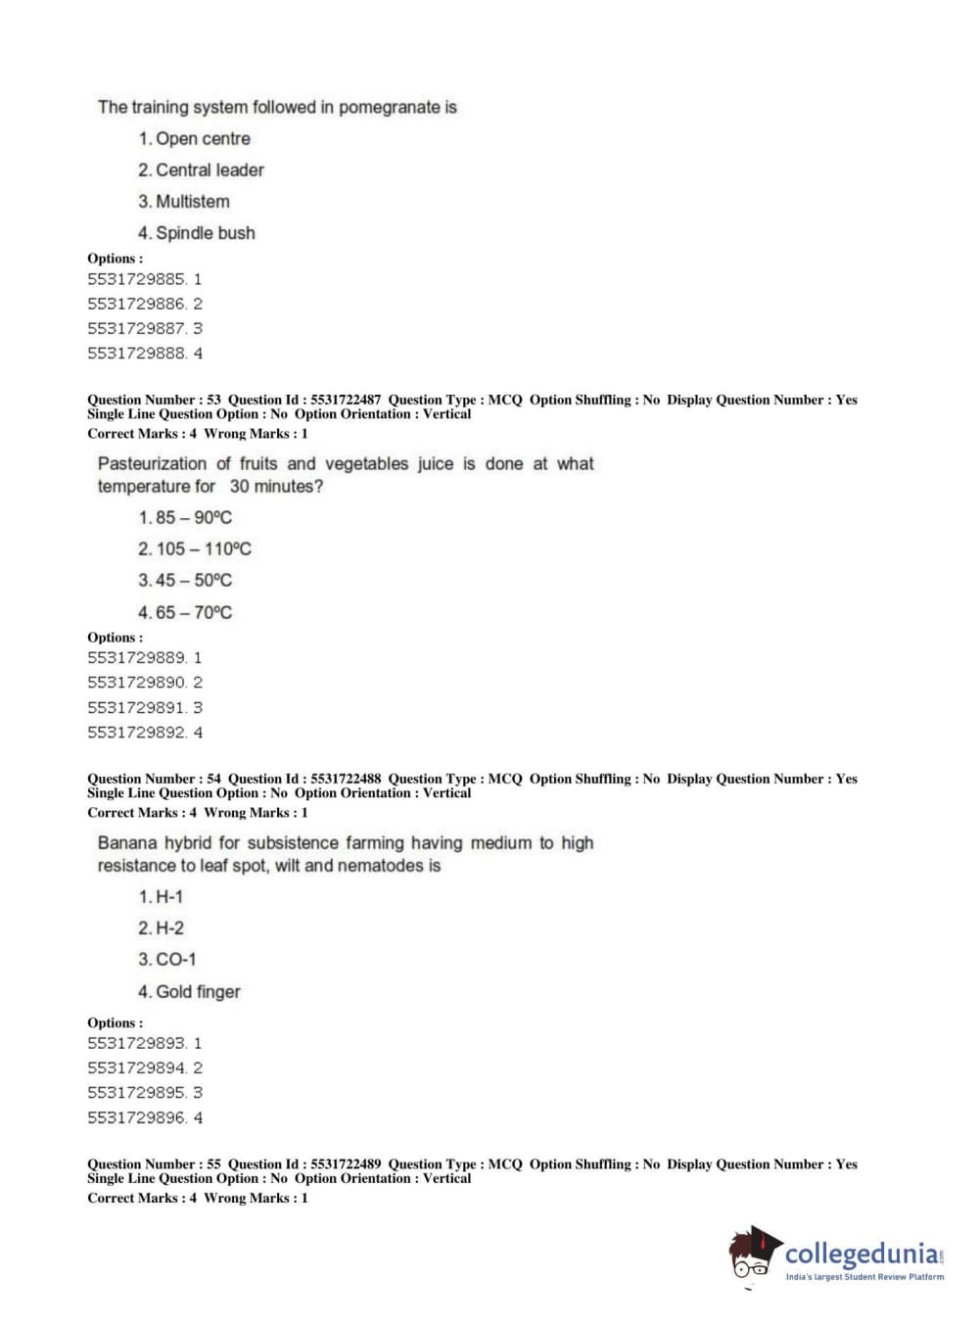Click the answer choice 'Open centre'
(203, 139)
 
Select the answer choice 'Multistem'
(192, 202)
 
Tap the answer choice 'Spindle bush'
(205, 233)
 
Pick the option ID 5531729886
(136, 304)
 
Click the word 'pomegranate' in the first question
(389, 107)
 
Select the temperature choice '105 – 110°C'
(204, 549)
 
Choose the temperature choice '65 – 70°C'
(194, 613)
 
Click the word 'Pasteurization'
(152, 464)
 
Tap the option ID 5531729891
(136, 707)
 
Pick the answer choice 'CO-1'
(175, 960)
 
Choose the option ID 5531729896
(136, 1117)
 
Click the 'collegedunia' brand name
(861, 1253)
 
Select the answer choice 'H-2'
(169, 928)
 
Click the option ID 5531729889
(136, 658)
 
